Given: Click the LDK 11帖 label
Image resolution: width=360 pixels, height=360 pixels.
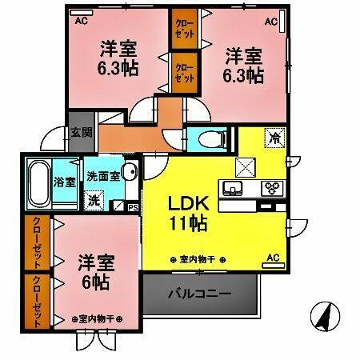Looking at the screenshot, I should point(189,213).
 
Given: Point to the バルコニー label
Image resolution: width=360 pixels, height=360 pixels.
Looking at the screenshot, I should point(199,294).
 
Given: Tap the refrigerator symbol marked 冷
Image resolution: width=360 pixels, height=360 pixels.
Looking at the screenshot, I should point(275,138).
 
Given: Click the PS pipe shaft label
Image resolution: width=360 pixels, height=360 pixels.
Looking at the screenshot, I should point(133,206).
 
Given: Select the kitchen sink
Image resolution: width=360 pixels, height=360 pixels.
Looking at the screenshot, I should point(234,190).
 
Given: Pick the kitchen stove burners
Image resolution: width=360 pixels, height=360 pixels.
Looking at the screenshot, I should point(272,190).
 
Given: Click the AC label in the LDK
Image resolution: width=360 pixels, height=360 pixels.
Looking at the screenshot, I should point(273,258).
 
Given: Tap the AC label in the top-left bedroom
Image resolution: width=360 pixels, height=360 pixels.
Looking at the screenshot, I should point(81,22).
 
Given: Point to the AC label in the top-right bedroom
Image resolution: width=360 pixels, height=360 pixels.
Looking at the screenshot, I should point(272,22).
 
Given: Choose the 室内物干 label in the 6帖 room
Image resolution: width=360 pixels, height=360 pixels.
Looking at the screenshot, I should point(95,318).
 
